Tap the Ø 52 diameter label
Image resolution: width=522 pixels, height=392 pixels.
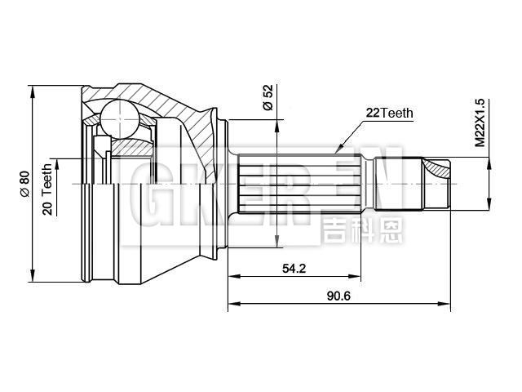[x=268, y=97]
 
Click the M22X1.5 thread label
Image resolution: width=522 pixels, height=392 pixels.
[x=480, y=122]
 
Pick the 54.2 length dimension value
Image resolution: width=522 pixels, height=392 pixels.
[x=294, y=268]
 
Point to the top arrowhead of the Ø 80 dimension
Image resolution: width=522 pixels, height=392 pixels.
[x=33, y=89]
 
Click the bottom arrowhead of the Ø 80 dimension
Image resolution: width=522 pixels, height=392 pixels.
[x=33, y=275]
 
